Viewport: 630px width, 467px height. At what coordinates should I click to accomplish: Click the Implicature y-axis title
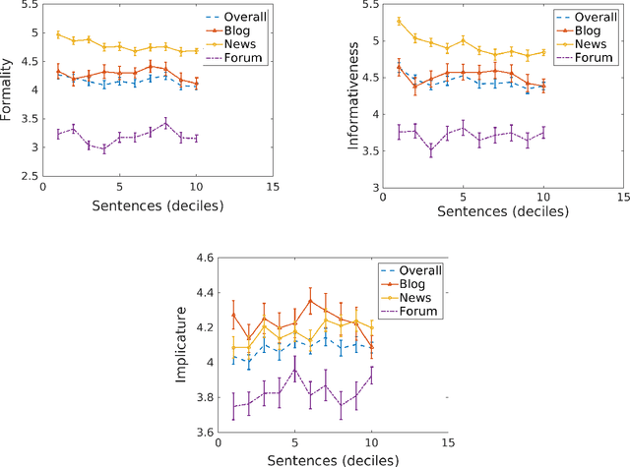(183, 347)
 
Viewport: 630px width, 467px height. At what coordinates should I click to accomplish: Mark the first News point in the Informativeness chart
(399, 21)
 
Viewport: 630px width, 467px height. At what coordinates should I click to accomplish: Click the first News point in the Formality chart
(58, 34)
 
